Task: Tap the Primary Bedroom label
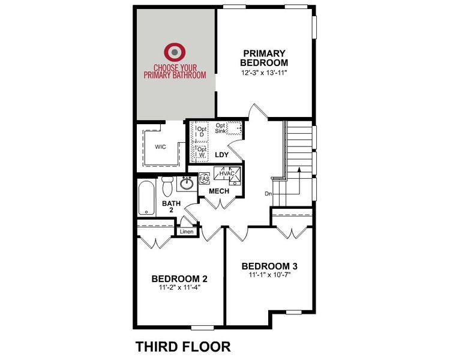[264, 58]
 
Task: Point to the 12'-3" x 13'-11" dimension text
[265, 73]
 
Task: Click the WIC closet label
[160, 146]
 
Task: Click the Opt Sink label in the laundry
[221, 128]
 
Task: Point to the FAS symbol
[203, 179]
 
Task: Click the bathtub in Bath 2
[145, 198]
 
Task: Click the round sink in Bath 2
[187, 183]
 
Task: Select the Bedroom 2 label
[179, 278]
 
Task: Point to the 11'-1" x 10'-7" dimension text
[269, 275]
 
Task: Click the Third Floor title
[182, 346]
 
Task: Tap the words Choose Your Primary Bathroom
[175, 71]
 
